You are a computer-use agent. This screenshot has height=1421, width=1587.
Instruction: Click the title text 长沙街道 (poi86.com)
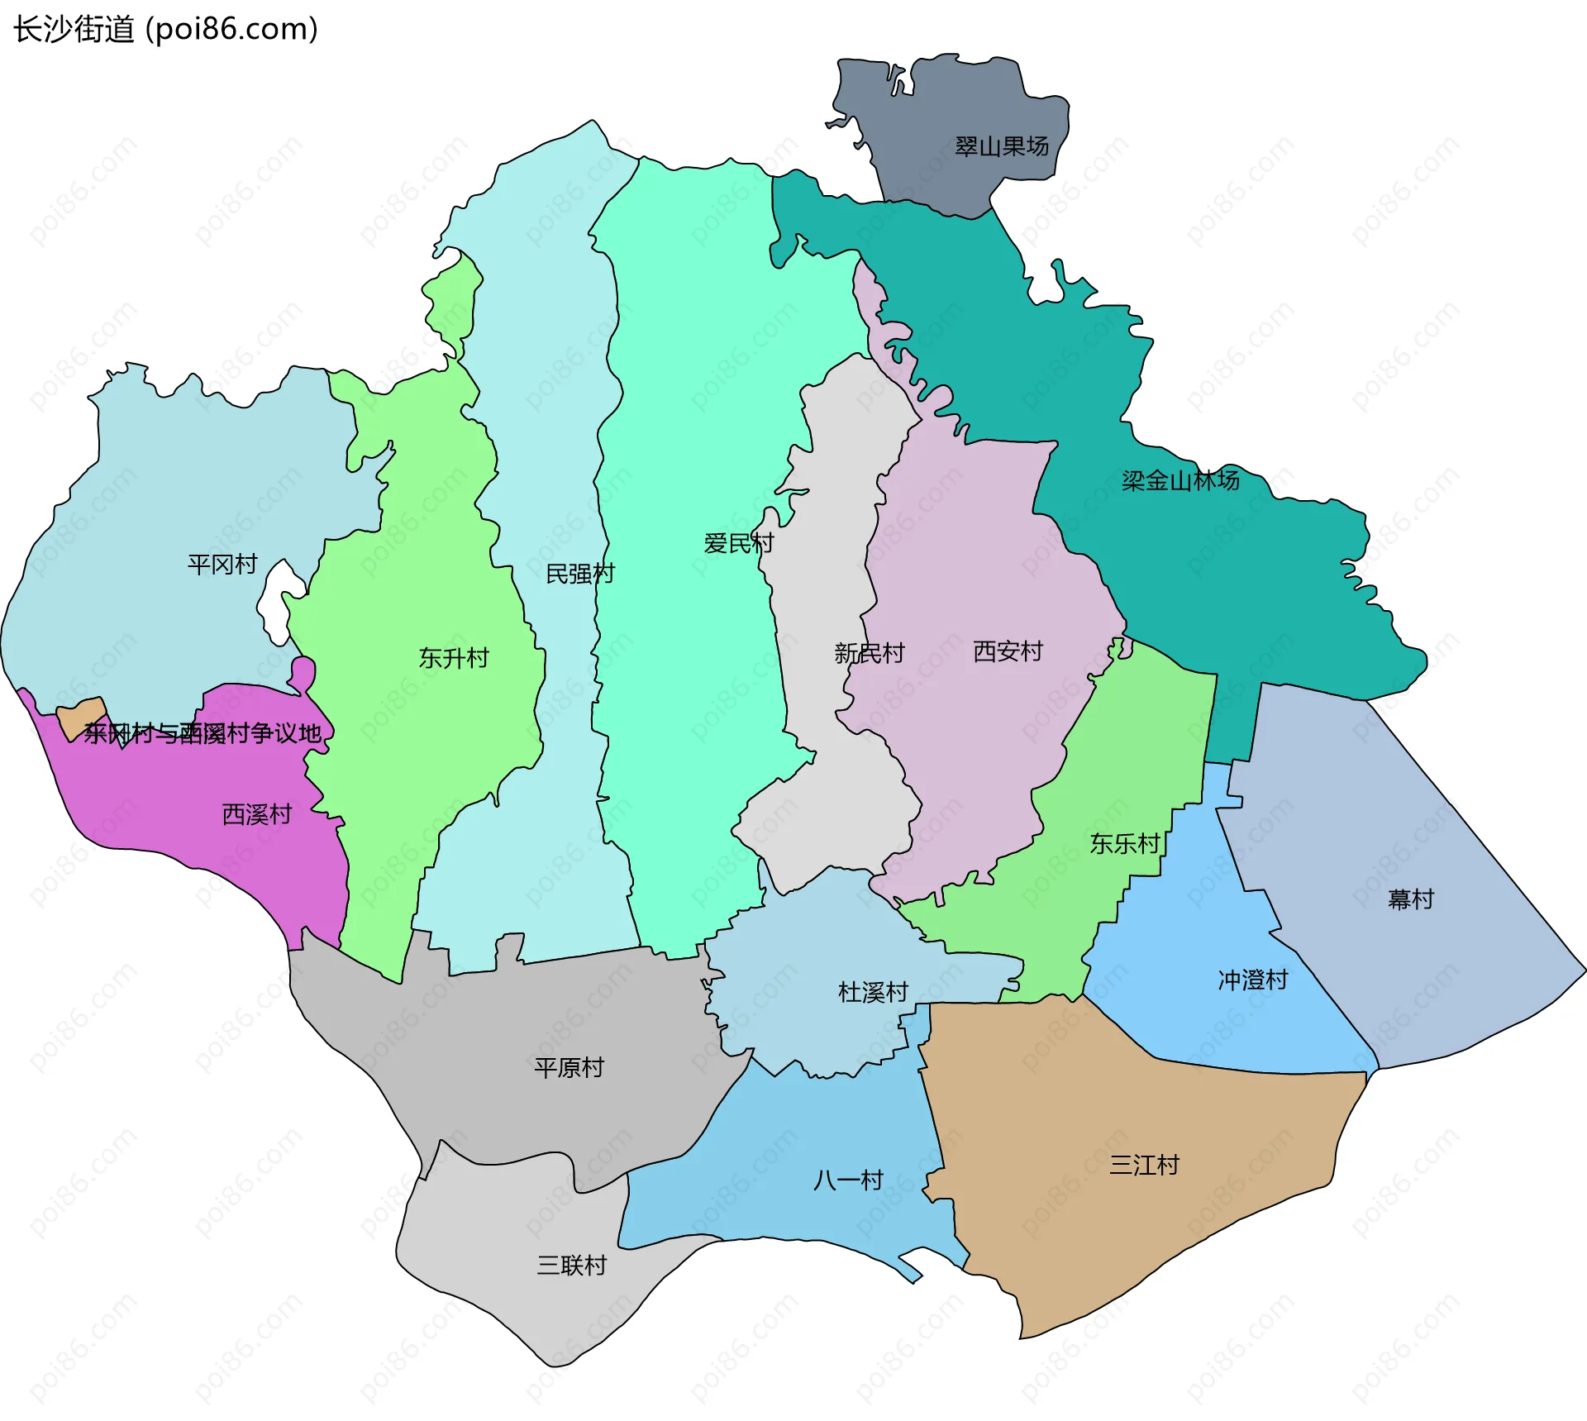click(x=165, y=30)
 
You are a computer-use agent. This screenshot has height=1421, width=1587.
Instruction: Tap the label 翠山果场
click(x=1001, y=147)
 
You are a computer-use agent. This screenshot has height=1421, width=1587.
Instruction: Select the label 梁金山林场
click(x=1180, y=480)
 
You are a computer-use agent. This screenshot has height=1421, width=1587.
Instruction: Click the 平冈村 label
click(x=222, y=565)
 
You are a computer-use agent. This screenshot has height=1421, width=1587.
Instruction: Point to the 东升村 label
click(x=454, y=658)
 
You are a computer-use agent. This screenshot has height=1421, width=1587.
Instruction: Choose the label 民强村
click(x=580, y=574)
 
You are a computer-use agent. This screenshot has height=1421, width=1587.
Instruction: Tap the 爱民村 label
click(x=738, y=543)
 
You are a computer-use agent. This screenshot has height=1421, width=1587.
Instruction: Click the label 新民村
click(x=869, y=653)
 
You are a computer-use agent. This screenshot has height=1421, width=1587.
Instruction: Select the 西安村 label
click(x=1008, y=651)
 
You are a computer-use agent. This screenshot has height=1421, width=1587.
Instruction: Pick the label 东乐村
click(x=1124, y=843)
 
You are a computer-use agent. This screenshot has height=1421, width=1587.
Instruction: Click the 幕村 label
click(x=1410, y=899)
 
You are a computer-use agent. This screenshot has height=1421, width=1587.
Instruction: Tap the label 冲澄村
click(x=1252, y=980)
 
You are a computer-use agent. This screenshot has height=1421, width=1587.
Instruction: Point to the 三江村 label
click(x=1144, y=1165)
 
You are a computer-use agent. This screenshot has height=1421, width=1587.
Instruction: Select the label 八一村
click(x=848, y=1180)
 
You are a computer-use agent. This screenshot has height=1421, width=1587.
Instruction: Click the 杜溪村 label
click(x=873, y=991)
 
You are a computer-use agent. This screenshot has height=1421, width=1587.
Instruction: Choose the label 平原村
click(x=569, y=1067)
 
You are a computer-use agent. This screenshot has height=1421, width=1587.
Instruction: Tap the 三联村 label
click(x=571, y=1265)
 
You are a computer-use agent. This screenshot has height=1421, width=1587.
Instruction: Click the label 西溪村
click(x=257, y=814)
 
